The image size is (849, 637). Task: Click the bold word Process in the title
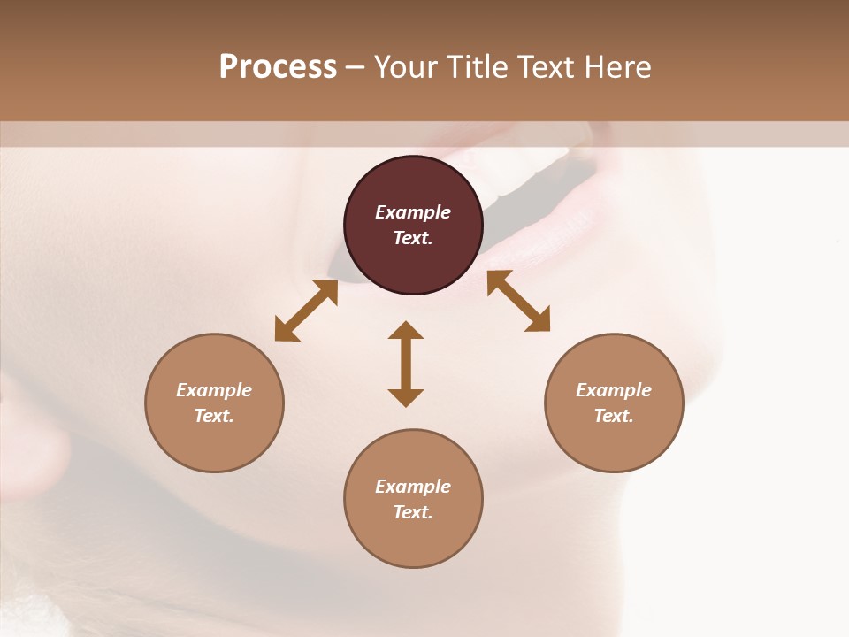tap(278, 67)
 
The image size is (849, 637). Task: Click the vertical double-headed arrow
tap(406, 364)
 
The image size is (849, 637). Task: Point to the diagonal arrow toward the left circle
tap(306, 311)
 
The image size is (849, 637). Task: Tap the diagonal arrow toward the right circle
tap(518, 301)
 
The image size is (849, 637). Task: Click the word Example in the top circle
tap(413, 212)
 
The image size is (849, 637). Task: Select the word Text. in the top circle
tap(413, 238)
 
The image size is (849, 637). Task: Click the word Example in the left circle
tap(214, 390)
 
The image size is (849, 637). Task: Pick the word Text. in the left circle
tap(214, 416)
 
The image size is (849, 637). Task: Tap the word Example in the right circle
tap(614, 390)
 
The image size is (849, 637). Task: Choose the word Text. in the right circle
tap(614, 416)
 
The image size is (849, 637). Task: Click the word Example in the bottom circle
tap(413, 487)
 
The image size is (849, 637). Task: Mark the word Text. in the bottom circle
tap(413, 512)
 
